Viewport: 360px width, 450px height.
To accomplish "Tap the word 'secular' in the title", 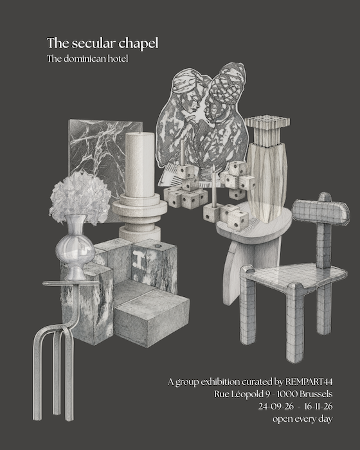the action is pos(94,43).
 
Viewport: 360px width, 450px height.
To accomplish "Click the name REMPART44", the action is pos(309,382).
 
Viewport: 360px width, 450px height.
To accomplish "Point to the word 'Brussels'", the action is pos(316,394).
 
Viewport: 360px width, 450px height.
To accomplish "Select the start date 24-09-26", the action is pos(276,406).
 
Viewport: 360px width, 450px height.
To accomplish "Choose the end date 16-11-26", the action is pos(318,406).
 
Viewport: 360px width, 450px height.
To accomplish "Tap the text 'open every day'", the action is pos(303,419).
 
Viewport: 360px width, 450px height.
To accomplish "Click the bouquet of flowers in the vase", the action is pos(80,197).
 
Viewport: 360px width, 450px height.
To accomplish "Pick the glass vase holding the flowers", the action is pos(75,248).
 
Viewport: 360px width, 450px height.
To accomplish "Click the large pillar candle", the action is pos(139,165).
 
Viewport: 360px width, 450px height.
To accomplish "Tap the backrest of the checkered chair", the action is pos(321,212).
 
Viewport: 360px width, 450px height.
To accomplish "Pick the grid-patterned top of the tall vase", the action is pos(267,121).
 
